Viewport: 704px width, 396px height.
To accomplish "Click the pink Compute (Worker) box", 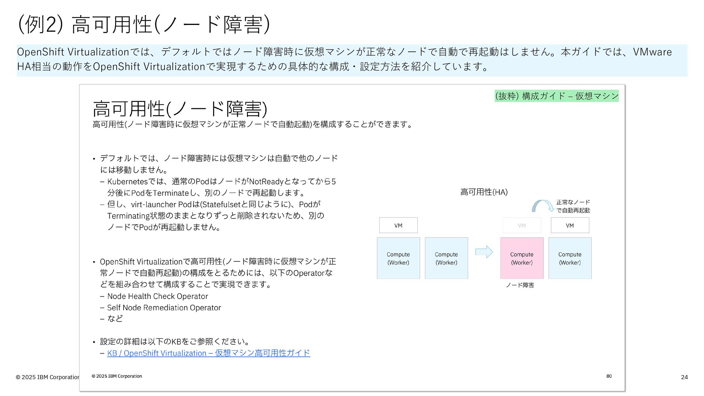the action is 522,258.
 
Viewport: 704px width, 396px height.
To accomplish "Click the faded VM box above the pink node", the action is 522,225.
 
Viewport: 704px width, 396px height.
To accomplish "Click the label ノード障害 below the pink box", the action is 520,285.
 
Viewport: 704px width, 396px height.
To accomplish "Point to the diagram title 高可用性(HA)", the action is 484,192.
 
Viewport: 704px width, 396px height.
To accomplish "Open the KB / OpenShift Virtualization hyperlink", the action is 208,353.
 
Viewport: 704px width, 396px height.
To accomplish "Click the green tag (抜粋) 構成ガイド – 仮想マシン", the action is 557,96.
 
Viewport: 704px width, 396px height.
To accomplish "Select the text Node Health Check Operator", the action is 157,296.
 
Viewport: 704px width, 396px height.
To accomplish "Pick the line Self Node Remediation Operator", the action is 164,308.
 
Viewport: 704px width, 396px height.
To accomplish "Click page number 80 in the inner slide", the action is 609,376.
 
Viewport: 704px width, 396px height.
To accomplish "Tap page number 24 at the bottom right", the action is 684,377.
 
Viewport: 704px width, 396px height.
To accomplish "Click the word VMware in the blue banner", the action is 652,52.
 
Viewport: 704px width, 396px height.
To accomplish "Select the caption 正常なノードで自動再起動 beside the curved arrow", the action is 573,206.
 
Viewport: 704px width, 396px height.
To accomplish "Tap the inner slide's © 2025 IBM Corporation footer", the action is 117,376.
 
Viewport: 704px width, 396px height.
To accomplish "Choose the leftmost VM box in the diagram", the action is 398,225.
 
